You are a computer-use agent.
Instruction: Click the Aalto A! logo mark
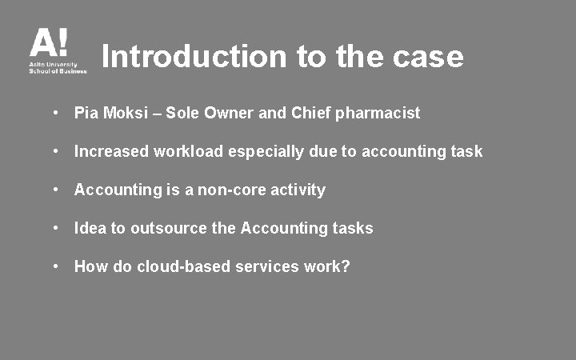coord(49,43)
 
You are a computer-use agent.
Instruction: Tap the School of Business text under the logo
coord(58,70)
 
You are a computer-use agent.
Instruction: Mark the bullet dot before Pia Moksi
coord(57,113)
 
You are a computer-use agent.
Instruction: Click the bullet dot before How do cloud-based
coord(57,266)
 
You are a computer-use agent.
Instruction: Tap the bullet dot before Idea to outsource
coord(57,228)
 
